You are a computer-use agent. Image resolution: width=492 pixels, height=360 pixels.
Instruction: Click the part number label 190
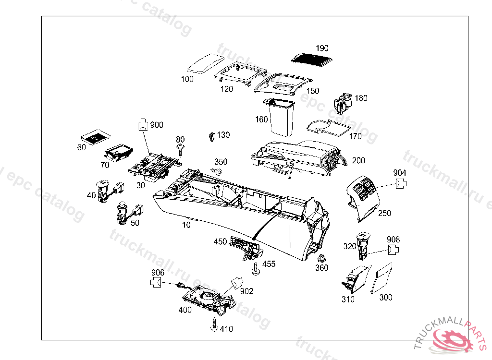(x=322, y=48)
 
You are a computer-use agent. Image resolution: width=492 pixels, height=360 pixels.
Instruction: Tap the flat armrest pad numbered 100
(x=205, y=63)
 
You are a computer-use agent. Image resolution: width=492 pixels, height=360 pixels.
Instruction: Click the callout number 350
(x=221, y=162)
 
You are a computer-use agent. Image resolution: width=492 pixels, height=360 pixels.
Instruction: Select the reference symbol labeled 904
(x=401, y=184)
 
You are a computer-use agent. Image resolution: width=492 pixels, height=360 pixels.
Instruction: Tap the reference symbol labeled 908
(x=394, y=249)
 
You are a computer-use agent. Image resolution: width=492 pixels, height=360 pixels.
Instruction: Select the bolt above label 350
(x=217, y=171)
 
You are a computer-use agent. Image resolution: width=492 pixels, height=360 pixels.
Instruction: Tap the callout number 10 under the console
(x=186, y=225)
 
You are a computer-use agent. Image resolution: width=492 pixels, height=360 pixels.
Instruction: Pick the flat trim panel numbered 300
(x=382, y=277)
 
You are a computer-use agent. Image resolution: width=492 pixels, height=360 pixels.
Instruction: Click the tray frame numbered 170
(x=329, y=126)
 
